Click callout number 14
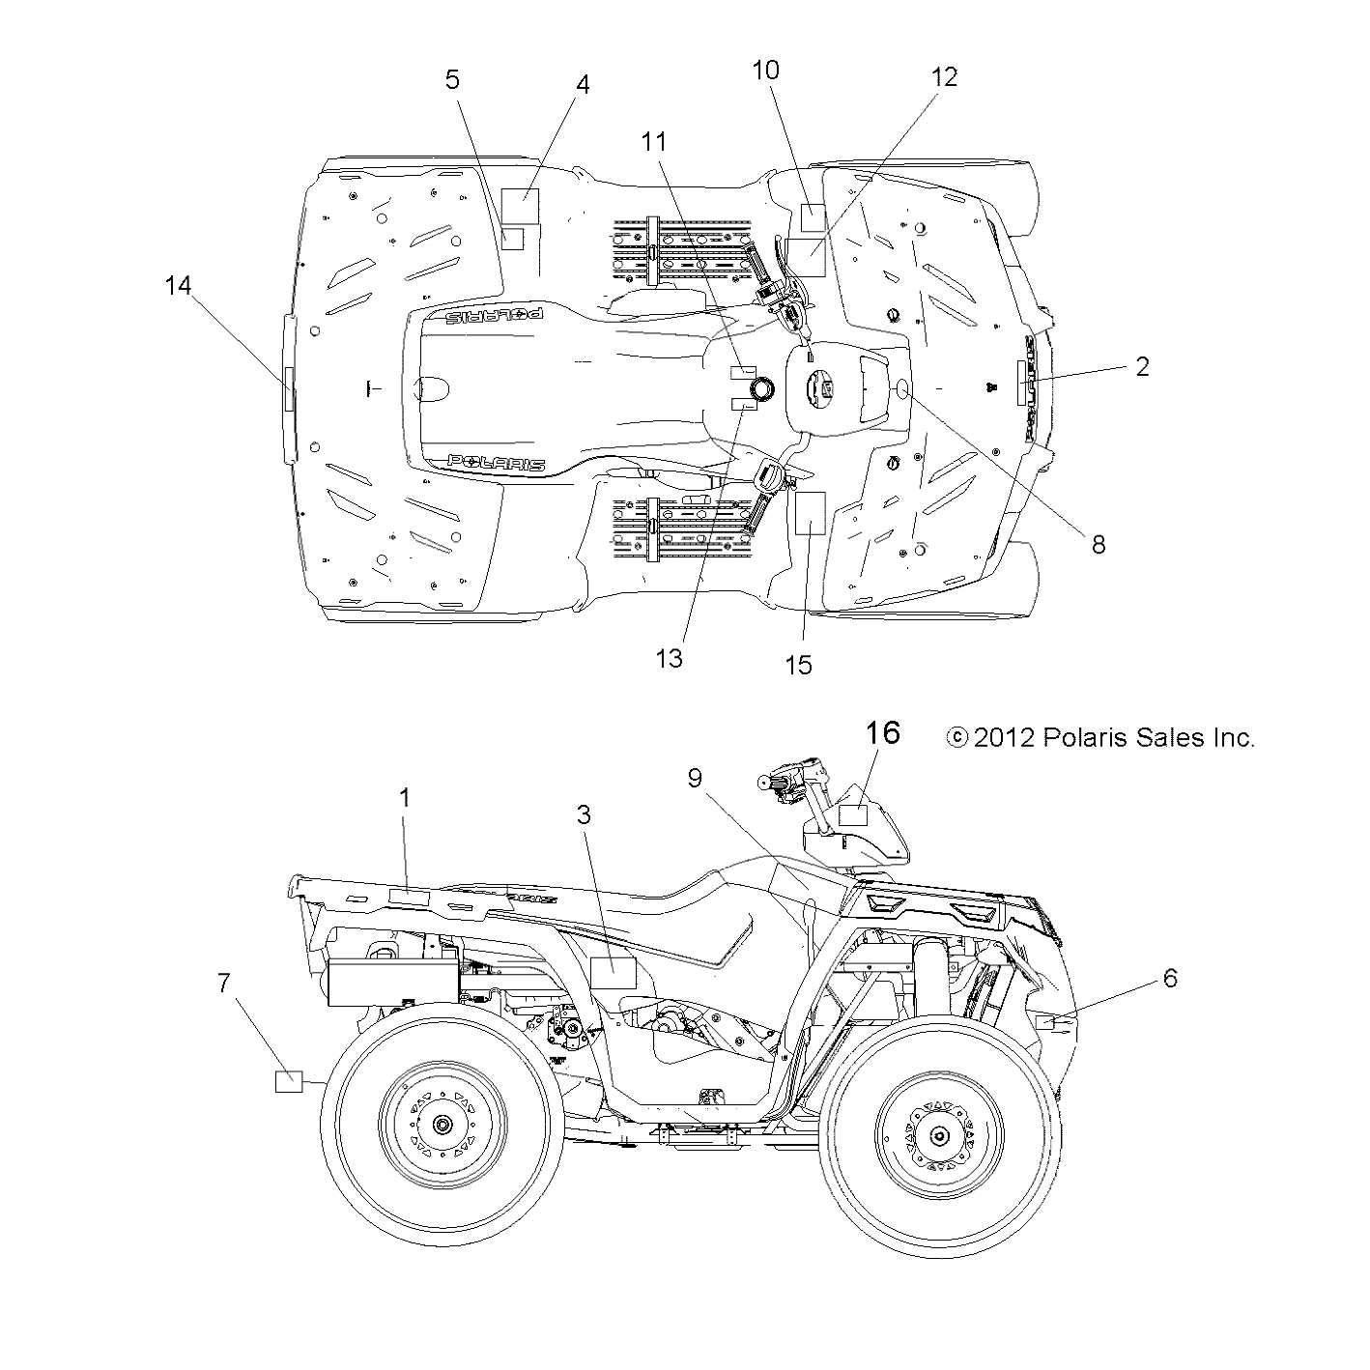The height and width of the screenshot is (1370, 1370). point(178,286)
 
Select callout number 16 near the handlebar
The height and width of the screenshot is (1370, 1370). point(882,733)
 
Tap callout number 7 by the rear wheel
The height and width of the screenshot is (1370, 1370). point(223,984)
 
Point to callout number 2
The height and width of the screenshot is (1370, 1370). point(1142,366)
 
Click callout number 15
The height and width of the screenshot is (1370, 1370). point(799,665)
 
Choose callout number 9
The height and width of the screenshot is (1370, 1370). point(695,778)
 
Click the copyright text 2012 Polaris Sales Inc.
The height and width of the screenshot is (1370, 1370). point(1101,738)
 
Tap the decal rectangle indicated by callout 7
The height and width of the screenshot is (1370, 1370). point(289,1082)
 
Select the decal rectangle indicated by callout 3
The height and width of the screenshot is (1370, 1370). point(613,973)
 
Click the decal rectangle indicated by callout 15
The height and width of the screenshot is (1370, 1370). point(807,512)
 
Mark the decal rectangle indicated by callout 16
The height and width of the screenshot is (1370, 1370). point(851,814)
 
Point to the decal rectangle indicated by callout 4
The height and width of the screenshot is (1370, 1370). point(525,207)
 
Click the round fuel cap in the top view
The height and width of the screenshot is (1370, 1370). point(762,389)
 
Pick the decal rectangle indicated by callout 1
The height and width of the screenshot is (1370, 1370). point(408,898)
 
